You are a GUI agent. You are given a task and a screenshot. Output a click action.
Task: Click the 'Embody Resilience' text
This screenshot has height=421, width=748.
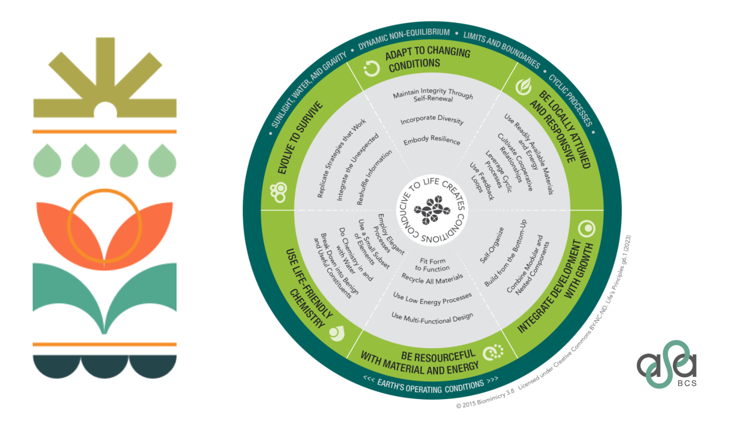431,140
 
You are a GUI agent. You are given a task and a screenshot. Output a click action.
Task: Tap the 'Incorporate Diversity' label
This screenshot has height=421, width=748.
432,120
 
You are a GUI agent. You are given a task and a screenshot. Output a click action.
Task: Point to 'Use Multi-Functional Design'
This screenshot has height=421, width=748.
432,318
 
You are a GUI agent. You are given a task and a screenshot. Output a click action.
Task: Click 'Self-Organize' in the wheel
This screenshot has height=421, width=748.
492,245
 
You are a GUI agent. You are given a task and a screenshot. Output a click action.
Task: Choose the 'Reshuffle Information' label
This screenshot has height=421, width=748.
374,178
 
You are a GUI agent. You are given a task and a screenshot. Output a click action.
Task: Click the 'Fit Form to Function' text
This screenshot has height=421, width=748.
432,265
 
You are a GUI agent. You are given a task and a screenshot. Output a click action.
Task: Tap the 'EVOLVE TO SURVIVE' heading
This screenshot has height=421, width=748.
300,138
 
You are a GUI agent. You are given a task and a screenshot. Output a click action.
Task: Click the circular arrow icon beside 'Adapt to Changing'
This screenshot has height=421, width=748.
372,69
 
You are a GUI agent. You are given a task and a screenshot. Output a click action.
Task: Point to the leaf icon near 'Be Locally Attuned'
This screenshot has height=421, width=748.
524,86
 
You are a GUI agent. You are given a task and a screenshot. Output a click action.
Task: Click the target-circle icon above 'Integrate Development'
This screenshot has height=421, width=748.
587,228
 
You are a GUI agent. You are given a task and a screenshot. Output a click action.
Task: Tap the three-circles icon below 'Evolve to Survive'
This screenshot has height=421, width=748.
278,192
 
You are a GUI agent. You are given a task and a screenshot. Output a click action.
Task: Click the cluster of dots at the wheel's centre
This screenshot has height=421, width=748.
431,210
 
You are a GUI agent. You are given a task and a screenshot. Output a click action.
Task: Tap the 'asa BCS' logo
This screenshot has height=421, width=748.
667,365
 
